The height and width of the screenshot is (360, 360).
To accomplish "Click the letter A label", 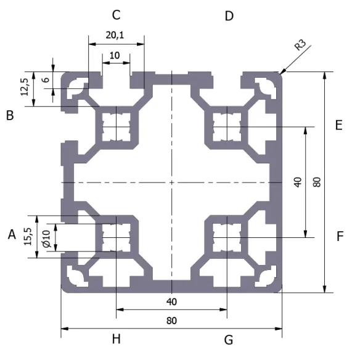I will [11, 234].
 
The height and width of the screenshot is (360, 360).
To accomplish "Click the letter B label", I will [10, 115].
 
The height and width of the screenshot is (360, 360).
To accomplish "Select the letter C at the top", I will [116, 15].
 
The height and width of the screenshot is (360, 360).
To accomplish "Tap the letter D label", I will [229, 15].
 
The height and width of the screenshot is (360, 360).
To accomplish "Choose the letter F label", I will [340, 235].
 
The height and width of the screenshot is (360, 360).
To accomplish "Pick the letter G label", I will [229, 339].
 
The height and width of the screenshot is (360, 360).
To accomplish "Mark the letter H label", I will [116, 339].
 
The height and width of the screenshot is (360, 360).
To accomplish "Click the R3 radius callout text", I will [300, 45].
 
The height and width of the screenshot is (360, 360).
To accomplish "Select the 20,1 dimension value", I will [115, 36].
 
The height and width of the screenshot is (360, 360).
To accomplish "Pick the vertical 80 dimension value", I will [316, 182].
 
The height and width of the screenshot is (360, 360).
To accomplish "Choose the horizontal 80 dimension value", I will [171, 321].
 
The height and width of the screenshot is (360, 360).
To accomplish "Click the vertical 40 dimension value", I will [297, 182].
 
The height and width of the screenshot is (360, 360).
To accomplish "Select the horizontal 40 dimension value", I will [171, 301].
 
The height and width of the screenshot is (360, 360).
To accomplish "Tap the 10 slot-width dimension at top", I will [115, 55].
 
